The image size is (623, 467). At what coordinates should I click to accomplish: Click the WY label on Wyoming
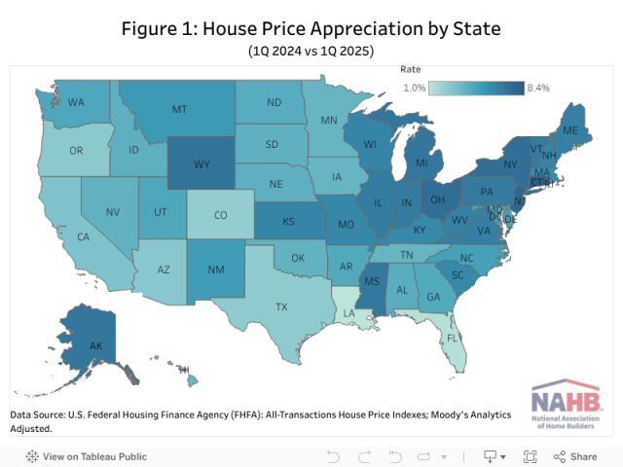click(x=202, y=164)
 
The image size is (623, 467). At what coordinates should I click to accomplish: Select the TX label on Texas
click(x=281, y=306)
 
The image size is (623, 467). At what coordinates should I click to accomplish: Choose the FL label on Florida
click(x=452, y=340)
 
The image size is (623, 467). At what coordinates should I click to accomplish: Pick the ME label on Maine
click(x=571, y=130)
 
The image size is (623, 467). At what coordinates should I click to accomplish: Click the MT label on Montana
click(x=179, y=110)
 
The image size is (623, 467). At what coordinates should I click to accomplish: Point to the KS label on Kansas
click(x=289, y=222)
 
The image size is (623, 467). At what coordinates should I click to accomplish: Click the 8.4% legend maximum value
click(x=538, y=88)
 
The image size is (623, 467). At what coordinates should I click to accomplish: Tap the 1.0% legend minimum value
click(x=415, y=88)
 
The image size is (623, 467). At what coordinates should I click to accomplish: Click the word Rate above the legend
click(x=410, y=70)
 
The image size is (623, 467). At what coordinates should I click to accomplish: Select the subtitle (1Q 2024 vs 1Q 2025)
click(x=311, y=50)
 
